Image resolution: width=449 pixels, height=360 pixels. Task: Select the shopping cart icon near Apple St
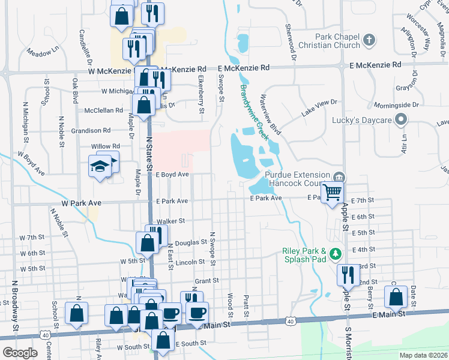333,193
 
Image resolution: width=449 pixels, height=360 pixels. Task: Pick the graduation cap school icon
100,167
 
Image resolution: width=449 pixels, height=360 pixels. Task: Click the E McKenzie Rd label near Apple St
378,65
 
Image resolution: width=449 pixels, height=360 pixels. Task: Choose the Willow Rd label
106,146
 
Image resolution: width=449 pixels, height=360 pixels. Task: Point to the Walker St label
171,221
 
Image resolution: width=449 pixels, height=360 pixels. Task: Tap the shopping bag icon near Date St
396,298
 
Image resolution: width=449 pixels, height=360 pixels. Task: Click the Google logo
20,352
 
